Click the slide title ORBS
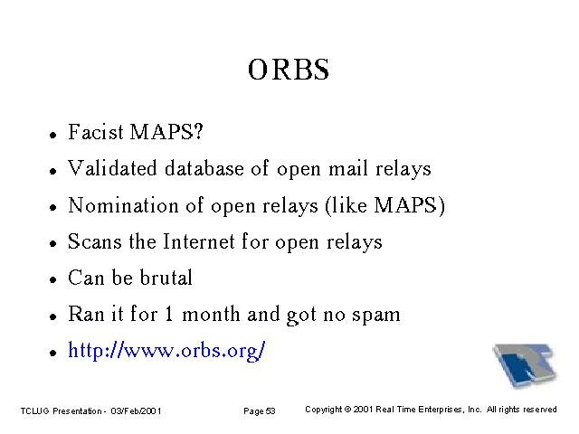(289, 70)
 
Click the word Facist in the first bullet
(96, 132)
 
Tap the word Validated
(112, 168)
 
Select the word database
(204, 168)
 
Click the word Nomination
(123, 204)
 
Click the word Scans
(94, 241)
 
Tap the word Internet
(199, 241)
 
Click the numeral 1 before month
(169, 314)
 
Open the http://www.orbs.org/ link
(166, 351)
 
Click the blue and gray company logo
(525, 365)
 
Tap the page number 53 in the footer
(271, 410)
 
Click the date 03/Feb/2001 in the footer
(136, 410)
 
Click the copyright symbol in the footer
(347, 410)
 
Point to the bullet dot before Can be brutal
(53, 279)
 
